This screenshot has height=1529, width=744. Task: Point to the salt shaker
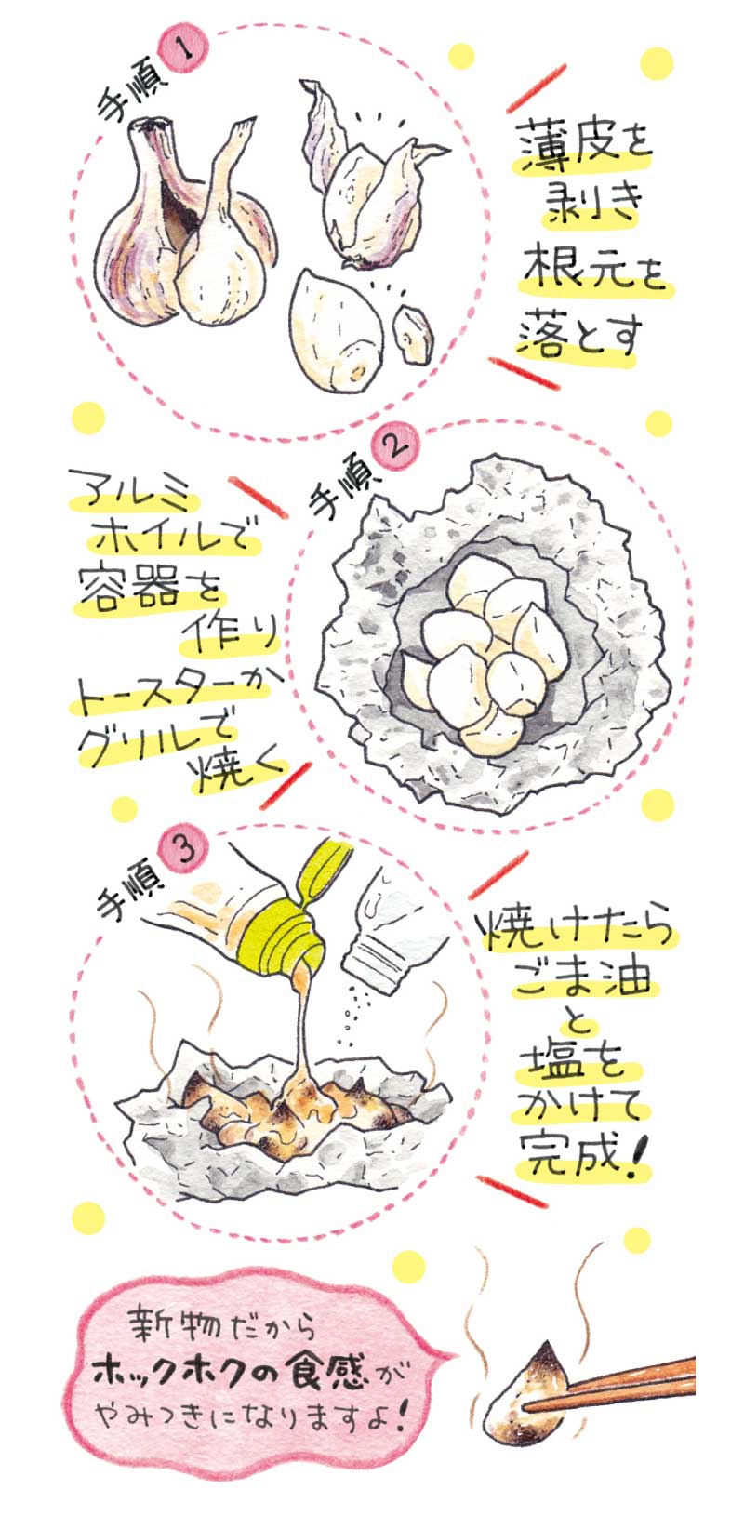(x=403, y=933)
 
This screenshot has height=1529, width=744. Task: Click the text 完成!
(x=584, y=1153)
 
